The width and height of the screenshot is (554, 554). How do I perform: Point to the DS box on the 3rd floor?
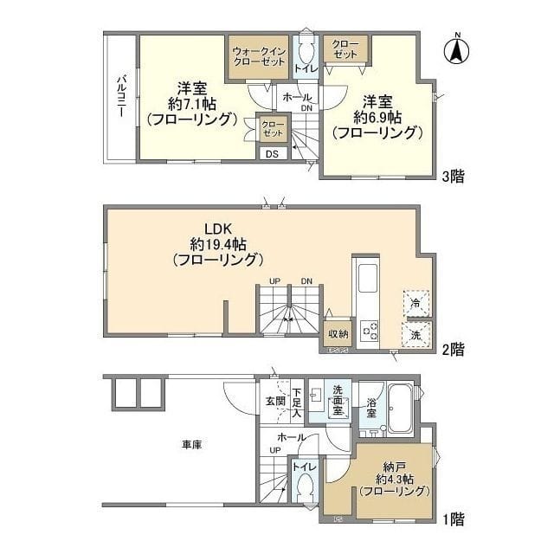[x=273, y=154]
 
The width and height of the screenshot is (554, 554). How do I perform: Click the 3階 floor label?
[x=452, y=177]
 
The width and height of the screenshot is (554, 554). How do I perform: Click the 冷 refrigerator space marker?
[x=415, y=304]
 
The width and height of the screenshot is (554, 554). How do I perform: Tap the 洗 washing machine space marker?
[x=415, y=334]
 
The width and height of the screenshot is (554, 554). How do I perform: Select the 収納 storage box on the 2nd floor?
[x=337, y=334]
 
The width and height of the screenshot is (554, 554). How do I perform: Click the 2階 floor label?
[x=452, y=350]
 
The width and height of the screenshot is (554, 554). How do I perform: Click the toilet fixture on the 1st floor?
[x=304, y=491]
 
